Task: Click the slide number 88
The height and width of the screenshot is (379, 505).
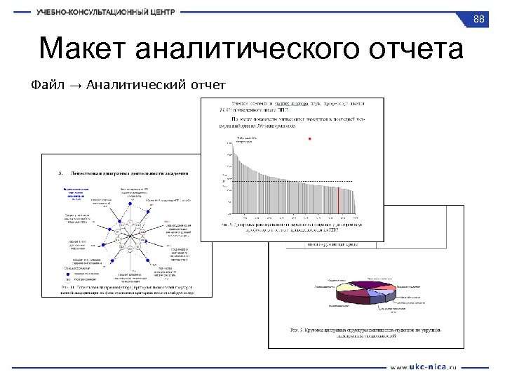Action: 480,19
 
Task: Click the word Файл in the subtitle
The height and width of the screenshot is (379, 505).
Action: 48,86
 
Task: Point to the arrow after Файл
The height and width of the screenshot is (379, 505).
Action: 75,86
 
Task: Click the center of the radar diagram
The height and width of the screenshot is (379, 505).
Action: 130,233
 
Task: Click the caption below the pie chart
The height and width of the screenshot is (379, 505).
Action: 365,332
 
